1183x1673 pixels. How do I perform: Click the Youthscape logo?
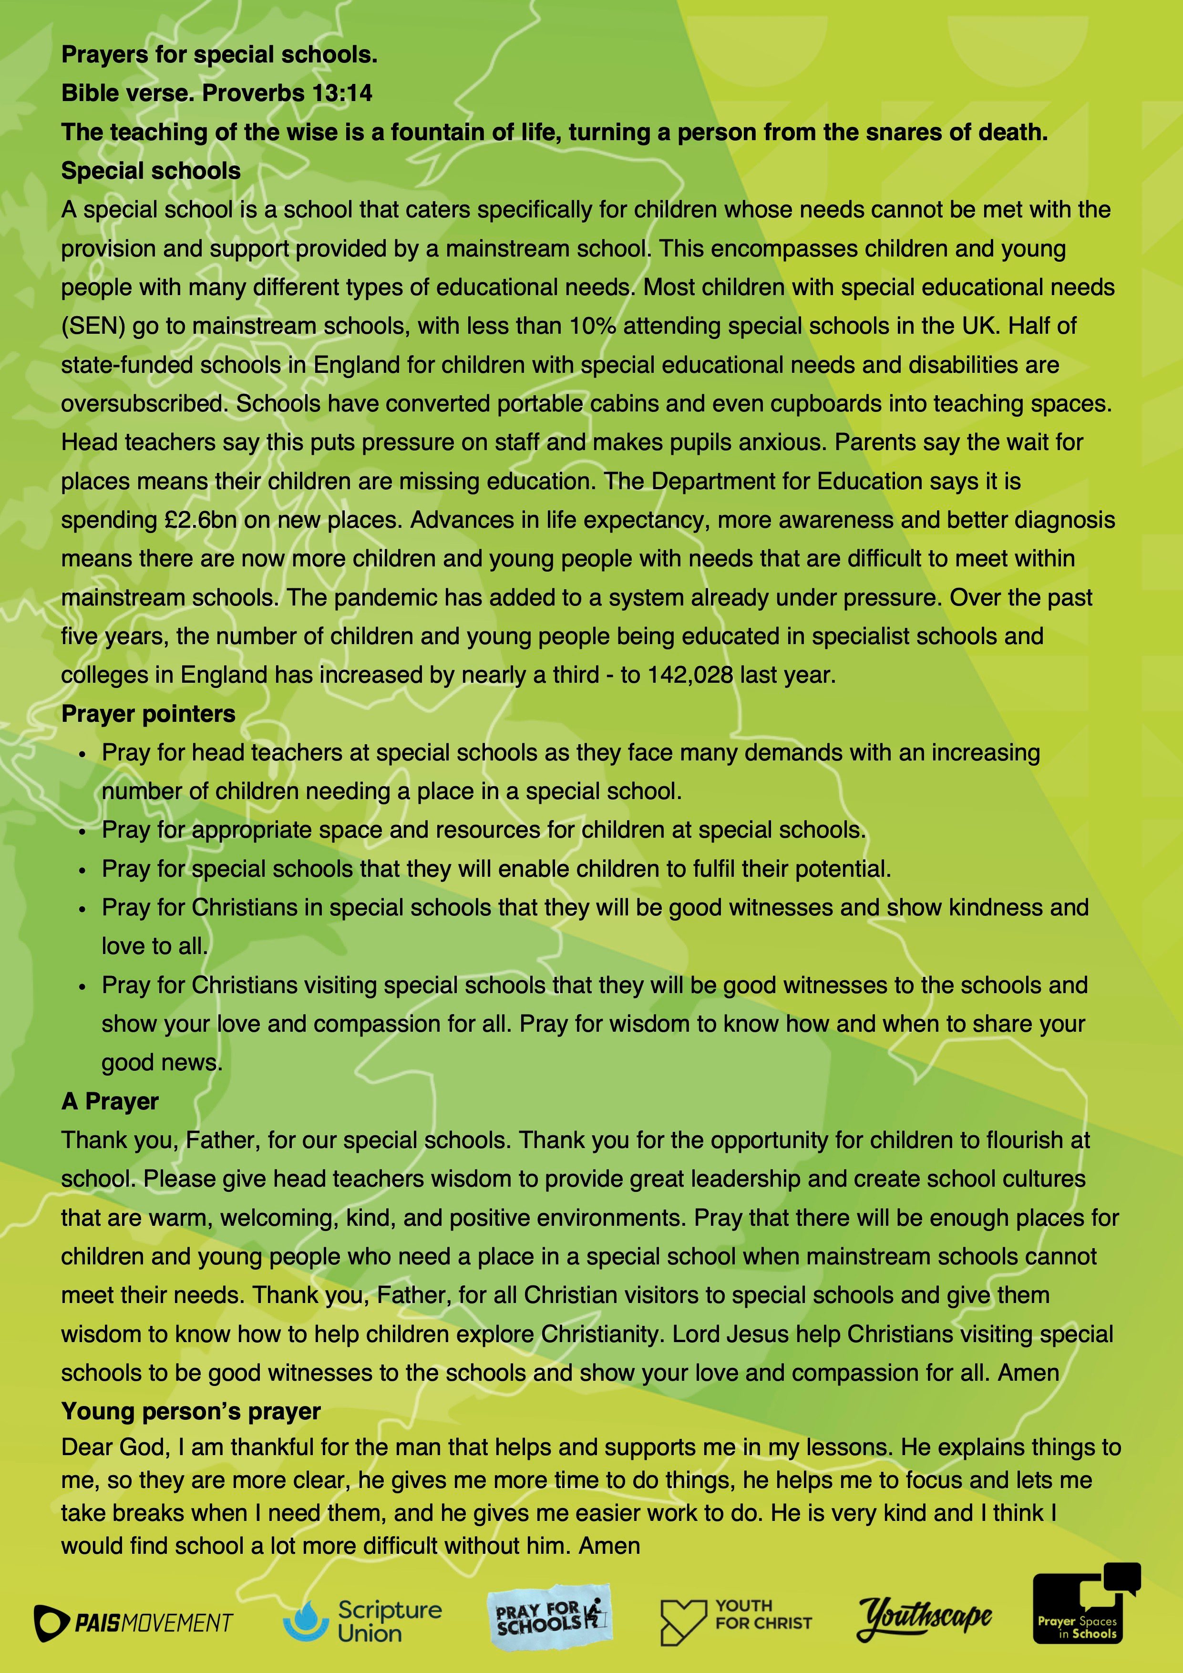tap(924, 1619)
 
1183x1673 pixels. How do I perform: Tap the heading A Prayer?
tap(110, 1102)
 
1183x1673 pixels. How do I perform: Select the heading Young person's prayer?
tap(191, 1411)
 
